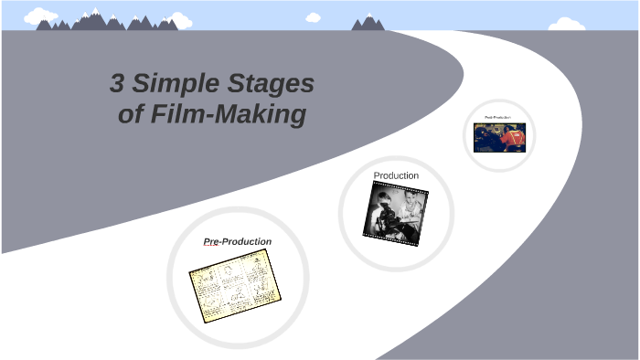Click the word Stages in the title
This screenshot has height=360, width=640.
(271, 85)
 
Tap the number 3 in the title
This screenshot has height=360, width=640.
(116, 85)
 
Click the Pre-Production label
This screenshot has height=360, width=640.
(237, 241)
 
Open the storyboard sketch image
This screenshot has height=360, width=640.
(235, 285)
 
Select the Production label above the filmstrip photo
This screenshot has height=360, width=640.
(396, 175)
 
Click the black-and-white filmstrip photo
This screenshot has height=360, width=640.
(394, 213)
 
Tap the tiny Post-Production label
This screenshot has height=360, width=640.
(499, 118)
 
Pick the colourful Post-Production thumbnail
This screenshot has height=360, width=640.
(499, 137)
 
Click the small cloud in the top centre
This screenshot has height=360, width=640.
(314, 16)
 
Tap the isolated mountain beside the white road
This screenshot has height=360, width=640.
(368, 22)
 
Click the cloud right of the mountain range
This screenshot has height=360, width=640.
(180, 19)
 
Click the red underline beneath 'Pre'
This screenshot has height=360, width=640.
(212, 247)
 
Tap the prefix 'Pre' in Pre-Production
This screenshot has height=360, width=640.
(212, 241)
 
